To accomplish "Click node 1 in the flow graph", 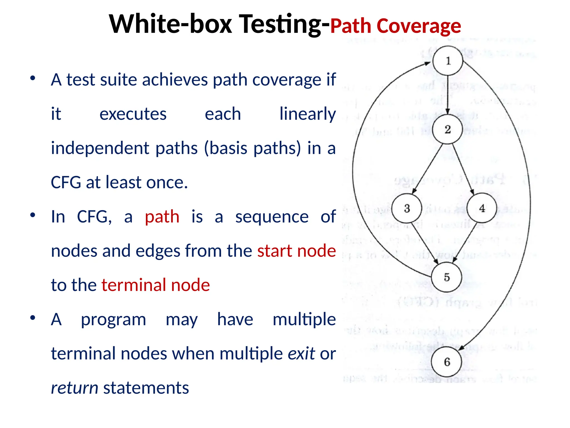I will coord(448,61).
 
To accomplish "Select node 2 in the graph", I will coord(448,129).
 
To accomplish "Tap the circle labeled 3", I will coord(407,208).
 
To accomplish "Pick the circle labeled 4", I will coord(482,208).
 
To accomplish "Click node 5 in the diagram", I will coord(446,277).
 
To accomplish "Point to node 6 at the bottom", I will coord(447,362).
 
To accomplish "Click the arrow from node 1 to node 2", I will coord(448,95).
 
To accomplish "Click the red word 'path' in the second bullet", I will coord(162,217).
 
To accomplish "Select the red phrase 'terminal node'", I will coord(156,285).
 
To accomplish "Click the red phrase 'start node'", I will coord(296,251).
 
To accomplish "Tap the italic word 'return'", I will coord(75,388).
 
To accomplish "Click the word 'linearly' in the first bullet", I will coord(308,114).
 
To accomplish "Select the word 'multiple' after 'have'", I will coord(304,319).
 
